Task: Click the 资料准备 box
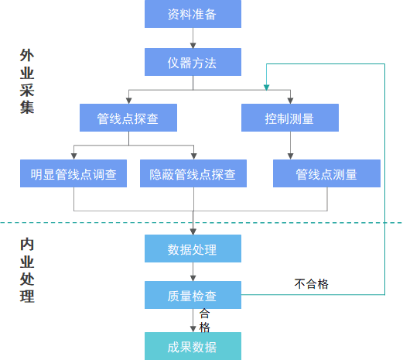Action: coord(193,14)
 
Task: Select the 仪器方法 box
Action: coord(193,61)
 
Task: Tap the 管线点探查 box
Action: coord(128,118)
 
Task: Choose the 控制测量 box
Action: coord(290,118)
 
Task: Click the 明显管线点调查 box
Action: coord(74,173)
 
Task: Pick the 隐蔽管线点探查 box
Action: coord(193,173)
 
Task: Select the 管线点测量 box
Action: coord(326,173)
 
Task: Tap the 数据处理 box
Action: coord(193,249)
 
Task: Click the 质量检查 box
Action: coord(193,295)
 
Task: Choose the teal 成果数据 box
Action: coord(193,345)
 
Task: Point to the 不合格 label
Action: coord(312,283)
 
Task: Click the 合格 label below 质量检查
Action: coord(204,320)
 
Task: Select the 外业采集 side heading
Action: coord(27,82)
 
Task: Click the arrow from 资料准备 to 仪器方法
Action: coord(193,38)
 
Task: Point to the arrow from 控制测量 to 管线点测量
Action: coord(290,146)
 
